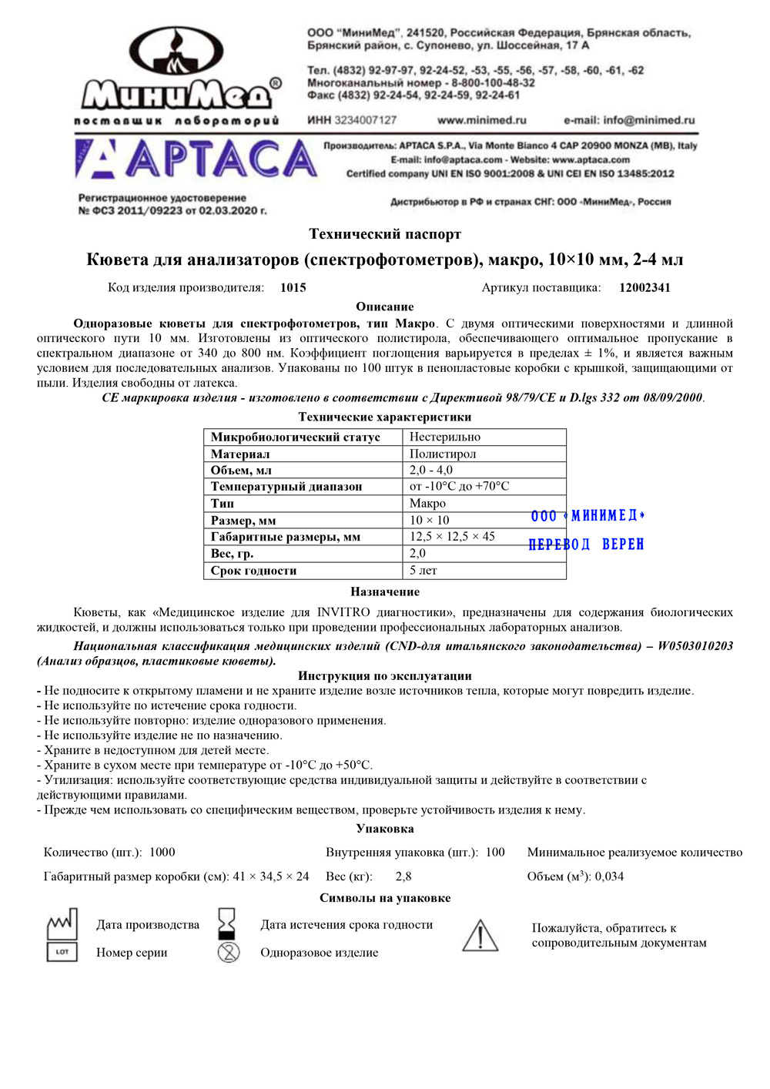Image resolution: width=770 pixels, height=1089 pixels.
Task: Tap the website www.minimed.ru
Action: click(x=481, y=120)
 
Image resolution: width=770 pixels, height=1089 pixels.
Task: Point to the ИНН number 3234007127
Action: click(x=365, y=120)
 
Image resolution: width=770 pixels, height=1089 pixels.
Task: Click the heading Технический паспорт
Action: click(x=385, y=234)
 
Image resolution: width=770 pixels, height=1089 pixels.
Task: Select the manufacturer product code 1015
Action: click(x=293, y=288)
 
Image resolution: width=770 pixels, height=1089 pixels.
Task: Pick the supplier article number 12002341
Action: click(x=644, y=288)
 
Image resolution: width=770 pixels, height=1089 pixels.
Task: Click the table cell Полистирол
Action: click(x=443, y=454)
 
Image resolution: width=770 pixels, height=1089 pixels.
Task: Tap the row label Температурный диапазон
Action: click(x=286, y=487)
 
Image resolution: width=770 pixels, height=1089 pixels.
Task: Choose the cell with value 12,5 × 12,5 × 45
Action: click(x=452, y=537)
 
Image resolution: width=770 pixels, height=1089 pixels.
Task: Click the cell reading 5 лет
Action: click(x=423, y=571)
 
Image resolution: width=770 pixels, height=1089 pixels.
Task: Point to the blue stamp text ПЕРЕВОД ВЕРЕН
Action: click(x=586, y=544)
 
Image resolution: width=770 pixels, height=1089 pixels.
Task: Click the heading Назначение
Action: click(x=385, y=592)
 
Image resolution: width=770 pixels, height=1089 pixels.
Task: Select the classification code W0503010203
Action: click(x=695, y=646)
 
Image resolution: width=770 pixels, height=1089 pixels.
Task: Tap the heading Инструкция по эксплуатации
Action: click(x=385, y=676)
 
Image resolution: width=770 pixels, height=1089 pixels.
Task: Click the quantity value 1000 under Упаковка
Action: click(x=162, y=853)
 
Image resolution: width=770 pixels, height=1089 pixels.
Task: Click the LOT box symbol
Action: click(x=62, y=952)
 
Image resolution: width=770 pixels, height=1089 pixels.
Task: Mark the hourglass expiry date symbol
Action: click(x=227, y=922)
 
